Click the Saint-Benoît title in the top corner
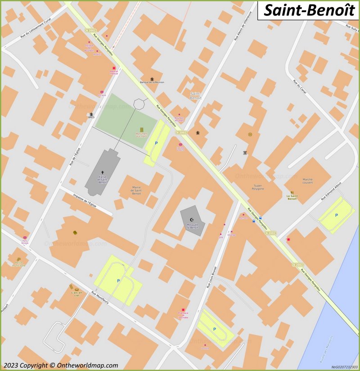[309, 10]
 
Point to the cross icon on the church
[103, 172]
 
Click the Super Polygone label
[258, 187]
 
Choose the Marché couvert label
[308, 181]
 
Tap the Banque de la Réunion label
[152, 82]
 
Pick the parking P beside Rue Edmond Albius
[336, 215]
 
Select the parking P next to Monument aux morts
[156, 143]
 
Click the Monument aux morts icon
[142, 130]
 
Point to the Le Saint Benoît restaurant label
[292, 197]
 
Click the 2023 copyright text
[60, 365]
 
